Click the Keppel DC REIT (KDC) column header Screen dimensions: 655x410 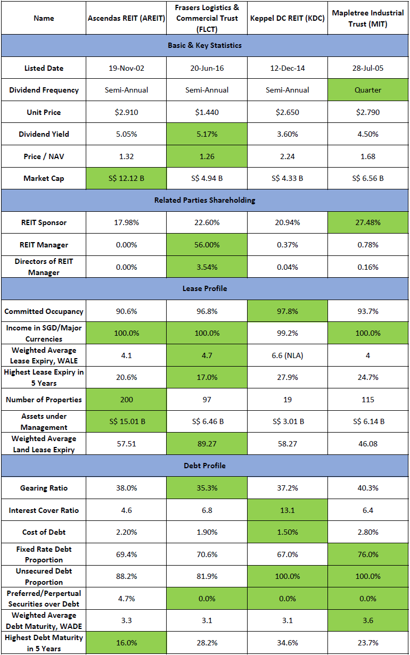click(x=287, y=18)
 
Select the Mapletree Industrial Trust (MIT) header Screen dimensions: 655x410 click(x=367, y=18)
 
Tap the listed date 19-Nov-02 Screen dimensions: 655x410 click(x=127, y=68)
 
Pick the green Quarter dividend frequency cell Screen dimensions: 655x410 click(x=367, y=90)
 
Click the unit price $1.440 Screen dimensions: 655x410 click(x=207, y=112)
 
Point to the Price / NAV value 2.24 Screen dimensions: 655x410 click(x=287, y=156)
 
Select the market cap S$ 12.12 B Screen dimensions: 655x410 click(x=127, y=178)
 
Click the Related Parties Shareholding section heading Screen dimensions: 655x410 click(x=205, y=200)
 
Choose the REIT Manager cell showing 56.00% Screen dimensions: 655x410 click(x=207, y=245)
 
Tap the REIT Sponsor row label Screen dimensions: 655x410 click(x=44, y=222)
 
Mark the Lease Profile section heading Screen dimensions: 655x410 click(x=205, y=288)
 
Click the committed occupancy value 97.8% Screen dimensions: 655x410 click(x=287, y=311)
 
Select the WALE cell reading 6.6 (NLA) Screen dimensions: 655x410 click(x=287, y=355)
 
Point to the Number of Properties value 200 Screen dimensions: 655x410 click(x=127, y=400)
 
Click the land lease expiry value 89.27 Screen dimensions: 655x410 click(x=207, y=444)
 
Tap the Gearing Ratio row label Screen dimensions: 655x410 click(x=44, y=488)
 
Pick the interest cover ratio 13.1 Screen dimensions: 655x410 click(x=287, y=510)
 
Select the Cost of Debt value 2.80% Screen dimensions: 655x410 click(x=367, y=532)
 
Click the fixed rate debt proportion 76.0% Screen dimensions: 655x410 click(x=367, y=554)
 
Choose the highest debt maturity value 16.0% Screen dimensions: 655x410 click(x=127, y=643)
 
